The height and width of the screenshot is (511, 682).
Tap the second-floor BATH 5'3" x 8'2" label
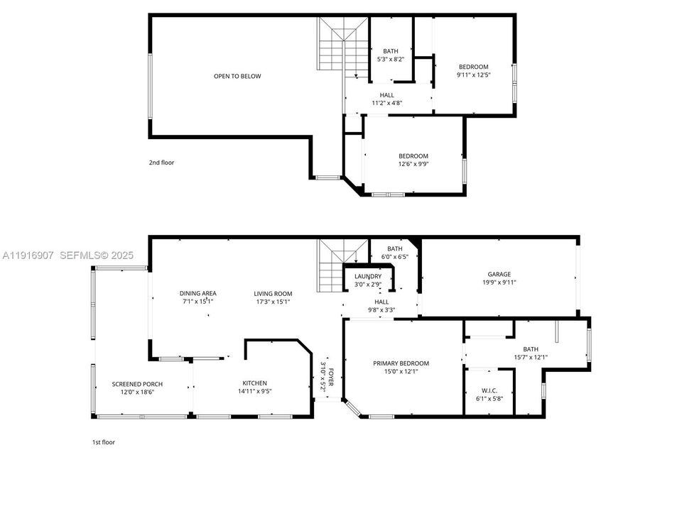point(391,55)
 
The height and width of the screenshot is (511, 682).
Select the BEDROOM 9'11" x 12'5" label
point(473,70)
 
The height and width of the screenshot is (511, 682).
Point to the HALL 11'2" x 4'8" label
point(387,99)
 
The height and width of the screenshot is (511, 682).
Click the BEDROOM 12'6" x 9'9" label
point(413,160)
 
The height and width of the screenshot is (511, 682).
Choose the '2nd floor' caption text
point(161,163)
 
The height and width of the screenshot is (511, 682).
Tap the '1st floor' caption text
point(103,442)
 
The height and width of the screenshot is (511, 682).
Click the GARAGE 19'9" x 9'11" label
point(499,278)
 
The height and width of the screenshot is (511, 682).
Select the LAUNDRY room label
point(368,280)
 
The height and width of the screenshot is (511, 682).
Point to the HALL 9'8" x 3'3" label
point(381,305)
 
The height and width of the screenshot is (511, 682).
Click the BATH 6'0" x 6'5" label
point(395,253)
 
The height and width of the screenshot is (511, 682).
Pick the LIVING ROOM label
point(274,297)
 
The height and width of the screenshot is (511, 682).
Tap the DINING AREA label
point(197,297)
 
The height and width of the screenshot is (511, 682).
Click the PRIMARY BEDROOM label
point(401,367)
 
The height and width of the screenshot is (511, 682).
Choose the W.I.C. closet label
point(489,393)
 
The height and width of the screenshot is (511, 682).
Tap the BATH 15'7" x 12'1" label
point(530,353)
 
